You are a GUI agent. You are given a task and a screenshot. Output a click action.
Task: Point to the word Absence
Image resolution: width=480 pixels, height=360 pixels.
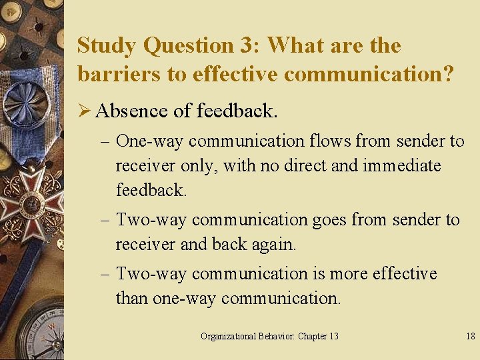(132, 111)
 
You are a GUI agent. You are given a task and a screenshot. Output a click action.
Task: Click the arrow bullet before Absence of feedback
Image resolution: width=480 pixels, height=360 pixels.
(85, 111)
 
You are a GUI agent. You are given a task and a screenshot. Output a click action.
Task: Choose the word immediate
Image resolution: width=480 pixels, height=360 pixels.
(402, 165)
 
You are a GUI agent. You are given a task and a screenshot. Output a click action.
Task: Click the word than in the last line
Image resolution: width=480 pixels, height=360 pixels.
(132, 298)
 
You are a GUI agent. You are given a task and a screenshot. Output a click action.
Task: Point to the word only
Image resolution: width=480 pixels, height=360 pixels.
(197, 165)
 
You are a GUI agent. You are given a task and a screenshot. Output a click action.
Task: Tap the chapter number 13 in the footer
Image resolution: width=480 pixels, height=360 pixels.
(332, 336)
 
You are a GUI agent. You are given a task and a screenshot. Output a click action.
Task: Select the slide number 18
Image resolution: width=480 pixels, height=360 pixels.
(471, 336)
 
